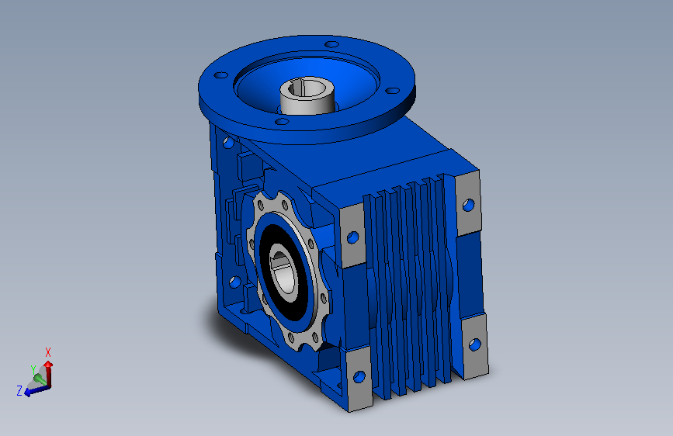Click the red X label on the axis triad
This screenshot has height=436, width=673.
point(48,352)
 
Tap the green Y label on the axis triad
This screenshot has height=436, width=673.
point(33,370)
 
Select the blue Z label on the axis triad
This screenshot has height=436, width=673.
point(19,390)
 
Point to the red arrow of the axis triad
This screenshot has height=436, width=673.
point(48,373)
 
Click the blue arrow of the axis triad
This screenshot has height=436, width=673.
point(37,390)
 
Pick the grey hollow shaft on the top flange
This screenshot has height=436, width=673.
point(307,96)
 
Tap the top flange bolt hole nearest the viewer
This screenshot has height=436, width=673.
point(282,122)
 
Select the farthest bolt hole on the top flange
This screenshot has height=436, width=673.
point(331,44)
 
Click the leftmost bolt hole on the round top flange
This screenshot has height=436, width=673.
point(221,75)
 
